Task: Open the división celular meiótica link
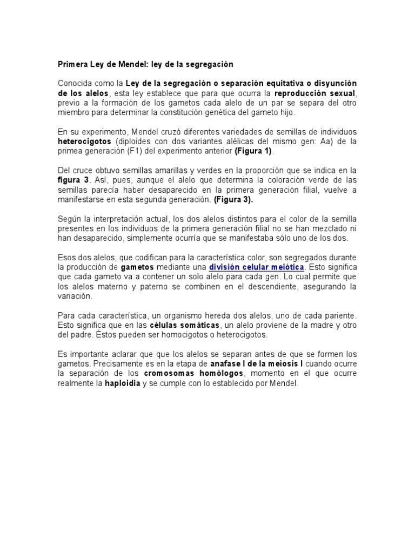[x=257, y=267]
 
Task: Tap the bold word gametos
[x=137, y=267]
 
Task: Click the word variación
[x=75, y=296]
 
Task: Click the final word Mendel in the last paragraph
[x=284, y=383]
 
